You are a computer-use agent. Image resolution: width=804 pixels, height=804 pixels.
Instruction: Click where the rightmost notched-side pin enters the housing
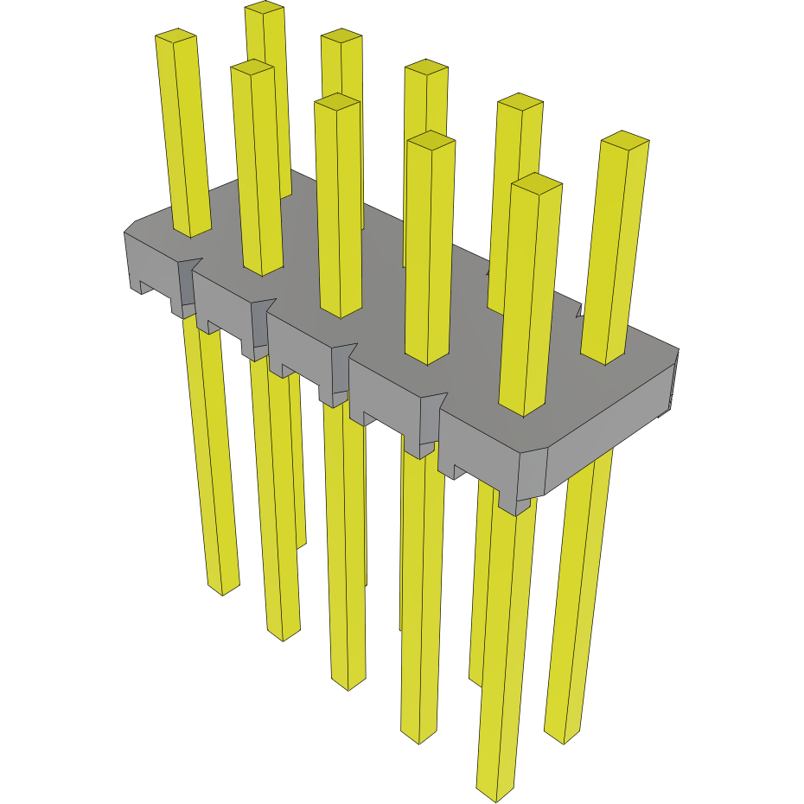[523, 411]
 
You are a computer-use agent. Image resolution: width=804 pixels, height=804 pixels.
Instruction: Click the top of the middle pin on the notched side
[336, 101]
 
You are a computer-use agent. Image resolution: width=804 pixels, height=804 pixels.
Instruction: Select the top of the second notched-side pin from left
[252, 67]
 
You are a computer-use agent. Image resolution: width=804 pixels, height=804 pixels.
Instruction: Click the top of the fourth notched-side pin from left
[431, 138]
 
